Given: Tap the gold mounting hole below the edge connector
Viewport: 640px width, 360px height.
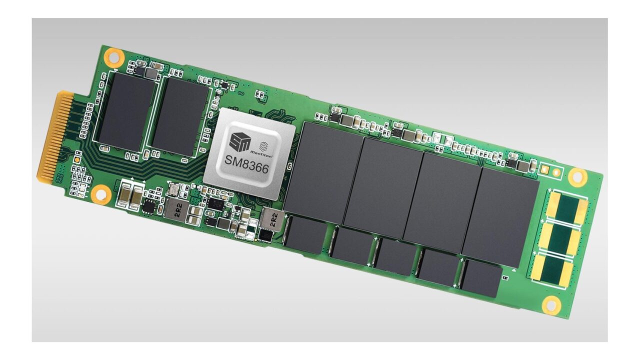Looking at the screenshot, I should tap(100, 193).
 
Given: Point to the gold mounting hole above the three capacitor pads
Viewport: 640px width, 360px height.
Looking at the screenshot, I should tap(577, 175).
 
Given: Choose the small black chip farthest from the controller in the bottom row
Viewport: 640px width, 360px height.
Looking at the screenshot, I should tap(481, 278).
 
